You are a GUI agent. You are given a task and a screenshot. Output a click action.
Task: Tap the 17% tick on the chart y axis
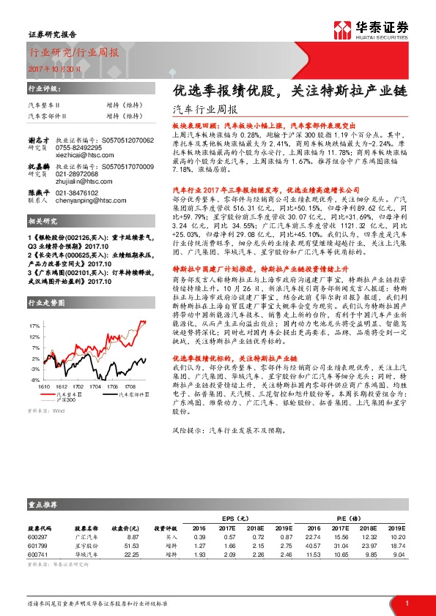coord(34,324)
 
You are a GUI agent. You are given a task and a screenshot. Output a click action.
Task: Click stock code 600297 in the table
coord(38,537)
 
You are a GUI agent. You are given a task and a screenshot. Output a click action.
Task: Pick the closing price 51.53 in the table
coord(132,546)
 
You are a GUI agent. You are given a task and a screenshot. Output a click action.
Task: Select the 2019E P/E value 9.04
coord(397,555)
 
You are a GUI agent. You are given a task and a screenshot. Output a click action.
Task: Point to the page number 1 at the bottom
coord(406,602)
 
